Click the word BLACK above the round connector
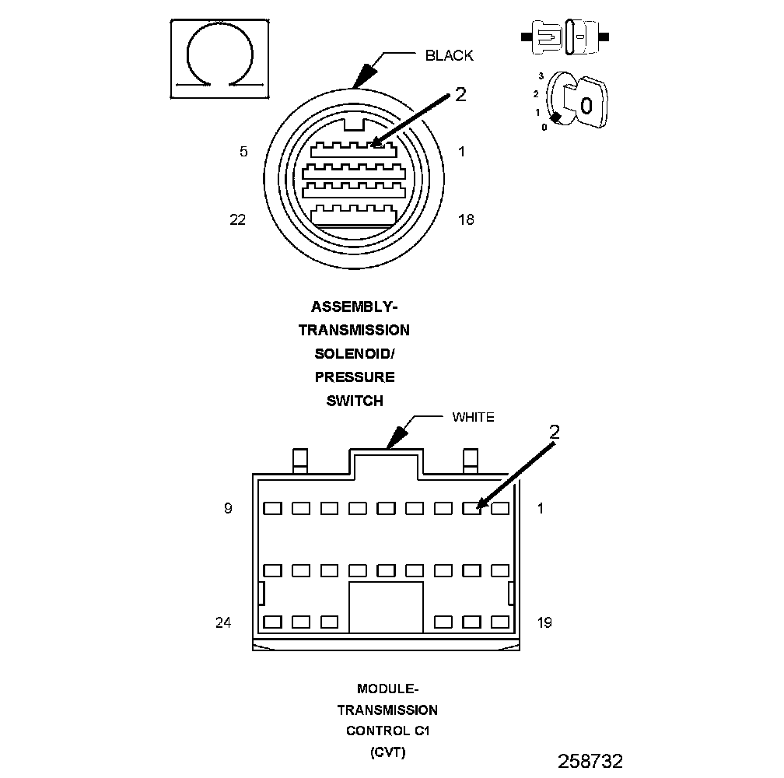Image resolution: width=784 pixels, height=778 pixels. tap(449, 55)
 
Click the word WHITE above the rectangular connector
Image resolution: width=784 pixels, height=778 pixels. tap(473, 418)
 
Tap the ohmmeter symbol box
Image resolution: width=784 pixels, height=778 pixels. tap(220, 59)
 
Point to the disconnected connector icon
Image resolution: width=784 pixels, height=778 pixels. tap(565, 37)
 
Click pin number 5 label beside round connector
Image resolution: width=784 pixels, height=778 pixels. tap(243, 152)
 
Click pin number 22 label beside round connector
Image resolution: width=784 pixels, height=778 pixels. tap(238, 220)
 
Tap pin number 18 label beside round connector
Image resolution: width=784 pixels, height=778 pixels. tap(466, 220)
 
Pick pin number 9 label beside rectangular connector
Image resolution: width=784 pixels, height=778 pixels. tap(228, 509)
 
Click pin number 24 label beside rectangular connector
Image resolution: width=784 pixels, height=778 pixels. tap(223, 622)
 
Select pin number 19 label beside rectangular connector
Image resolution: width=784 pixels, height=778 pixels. tap(544, 622)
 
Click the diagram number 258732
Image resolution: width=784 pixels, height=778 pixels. tap(590, 760)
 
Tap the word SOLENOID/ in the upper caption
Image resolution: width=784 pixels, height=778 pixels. tap(354, 354)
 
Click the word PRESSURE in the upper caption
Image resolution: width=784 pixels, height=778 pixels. tap(354, 377)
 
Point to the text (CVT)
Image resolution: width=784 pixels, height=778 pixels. tap(387, 752)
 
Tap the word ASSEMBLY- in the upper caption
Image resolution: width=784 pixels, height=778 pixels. tap(354, 307)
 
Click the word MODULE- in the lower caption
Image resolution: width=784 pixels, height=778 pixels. tap(387, 689)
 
